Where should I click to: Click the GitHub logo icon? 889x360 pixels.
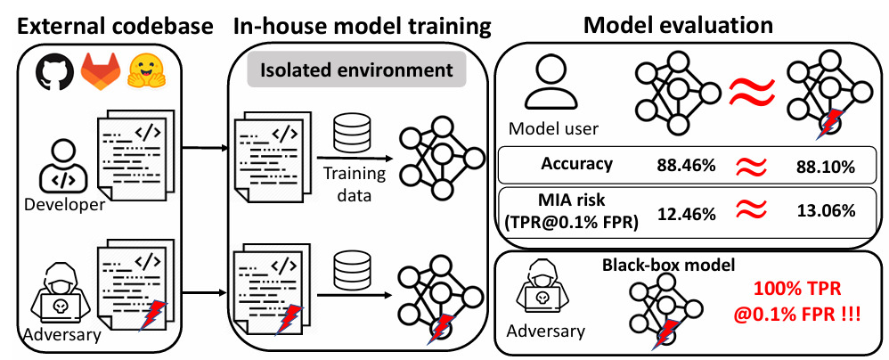[55, 71]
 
